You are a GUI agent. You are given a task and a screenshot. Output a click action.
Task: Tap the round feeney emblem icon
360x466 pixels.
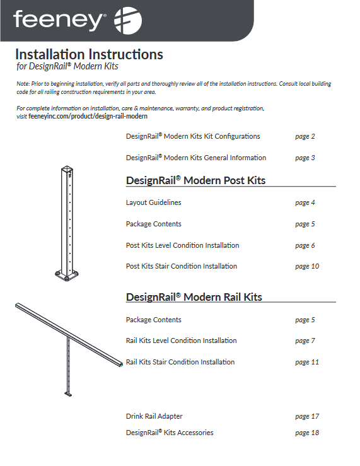point(127,20)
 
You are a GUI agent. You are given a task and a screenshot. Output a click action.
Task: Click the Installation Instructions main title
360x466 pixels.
point(89,54)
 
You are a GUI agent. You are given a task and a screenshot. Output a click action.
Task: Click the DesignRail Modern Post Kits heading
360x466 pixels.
point(195,180)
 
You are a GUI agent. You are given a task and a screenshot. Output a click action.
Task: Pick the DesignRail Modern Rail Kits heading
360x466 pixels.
point(194,297)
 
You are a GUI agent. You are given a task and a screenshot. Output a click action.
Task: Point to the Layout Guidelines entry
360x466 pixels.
point(153,202)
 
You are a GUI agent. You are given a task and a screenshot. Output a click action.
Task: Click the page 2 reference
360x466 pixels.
point(305,136)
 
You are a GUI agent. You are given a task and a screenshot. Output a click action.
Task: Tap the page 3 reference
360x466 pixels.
point(305,158)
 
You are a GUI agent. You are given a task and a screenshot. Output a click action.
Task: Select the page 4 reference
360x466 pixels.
point(305,202)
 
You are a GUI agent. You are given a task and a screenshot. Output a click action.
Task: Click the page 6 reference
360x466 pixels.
point(305,245)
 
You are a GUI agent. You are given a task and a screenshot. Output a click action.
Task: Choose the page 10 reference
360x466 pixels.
point(306,266)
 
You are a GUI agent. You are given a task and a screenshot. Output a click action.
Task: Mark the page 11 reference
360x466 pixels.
point(306,362)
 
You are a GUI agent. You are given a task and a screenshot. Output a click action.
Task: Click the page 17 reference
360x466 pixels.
point(306,416)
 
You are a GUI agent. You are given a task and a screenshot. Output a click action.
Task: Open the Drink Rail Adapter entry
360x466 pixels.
point(154,416)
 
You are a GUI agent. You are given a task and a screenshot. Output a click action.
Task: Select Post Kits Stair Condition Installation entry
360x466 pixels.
point(181,266)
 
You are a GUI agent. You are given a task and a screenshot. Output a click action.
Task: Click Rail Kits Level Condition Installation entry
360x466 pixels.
point(181,341)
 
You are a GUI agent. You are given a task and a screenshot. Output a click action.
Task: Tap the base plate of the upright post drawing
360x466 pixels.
point(67,274)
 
